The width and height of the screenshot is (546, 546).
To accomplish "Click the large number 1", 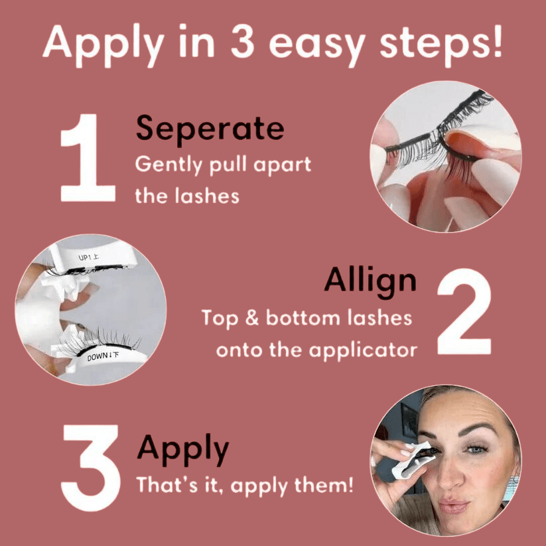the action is pos(88,158).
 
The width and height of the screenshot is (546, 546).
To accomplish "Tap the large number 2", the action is pos(464,311).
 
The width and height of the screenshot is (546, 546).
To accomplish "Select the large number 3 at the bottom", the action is pos(91,468).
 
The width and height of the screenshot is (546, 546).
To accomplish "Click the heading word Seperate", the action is pos(210,129).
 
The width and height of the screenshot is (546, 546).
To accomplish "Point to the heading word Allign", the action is pos(370,283).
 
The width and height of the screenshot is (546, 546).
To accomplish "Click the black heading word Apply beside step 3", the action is pos(183,450).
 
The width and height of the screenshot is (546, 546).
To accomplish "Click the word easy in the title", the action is pos(317,45).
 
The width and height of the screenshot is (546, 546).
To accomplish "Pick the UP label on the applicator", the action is pos(89,257).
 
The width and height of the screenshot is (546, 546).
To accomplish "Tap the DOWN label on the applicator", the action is pos(103,357).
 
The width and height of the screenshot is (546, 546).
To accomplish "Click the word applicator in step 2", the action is pos(363,350).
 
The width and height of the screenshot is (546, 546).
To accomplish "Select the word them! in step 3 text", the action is pos(324,485).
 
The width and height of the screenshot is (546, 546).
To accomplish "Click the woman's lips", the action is pos(454,506).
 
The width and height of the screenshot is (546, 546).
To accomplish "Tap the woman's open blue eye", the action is pos(476,449).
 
